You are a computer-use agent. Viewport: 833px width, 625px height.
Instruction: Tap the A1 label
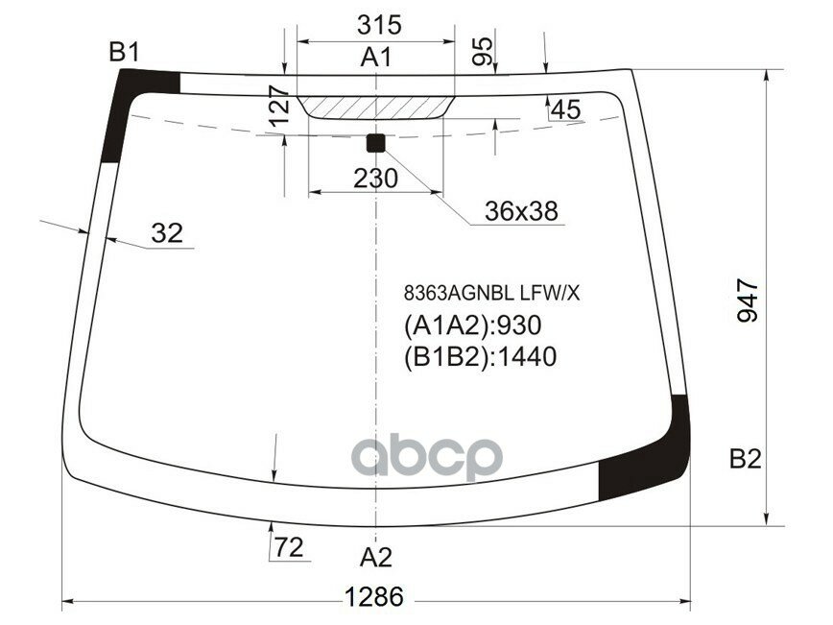376,58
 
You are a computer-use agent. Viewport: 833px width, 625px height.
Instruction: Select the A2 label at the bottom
376,557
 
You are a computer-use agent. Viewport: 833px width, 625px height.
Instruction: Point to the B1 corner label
125,54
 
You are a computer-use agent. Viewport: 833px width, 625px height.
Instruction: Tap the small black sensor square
375,143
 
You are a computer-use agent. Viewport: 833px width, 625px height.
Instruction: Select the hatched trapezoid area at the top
375,105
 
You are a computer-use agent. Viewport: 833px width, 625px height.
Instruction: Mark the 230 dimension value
375,179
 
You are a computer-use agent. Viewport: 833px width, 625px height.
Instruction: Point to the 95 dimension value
484,51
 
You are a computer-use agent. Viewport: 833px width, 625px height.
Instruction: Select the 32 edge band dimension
167,232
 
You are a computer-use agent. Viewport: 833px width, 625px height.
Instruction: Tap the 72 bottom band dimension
288,548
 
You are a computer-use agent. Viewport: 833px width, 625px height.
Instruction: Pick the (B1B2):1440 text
480,357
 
